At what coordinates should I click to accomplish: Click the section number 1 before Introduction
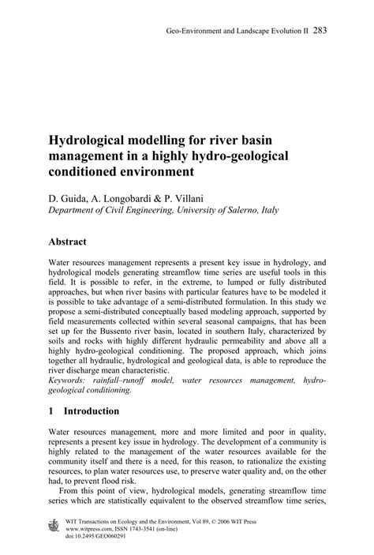point(52,411)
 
